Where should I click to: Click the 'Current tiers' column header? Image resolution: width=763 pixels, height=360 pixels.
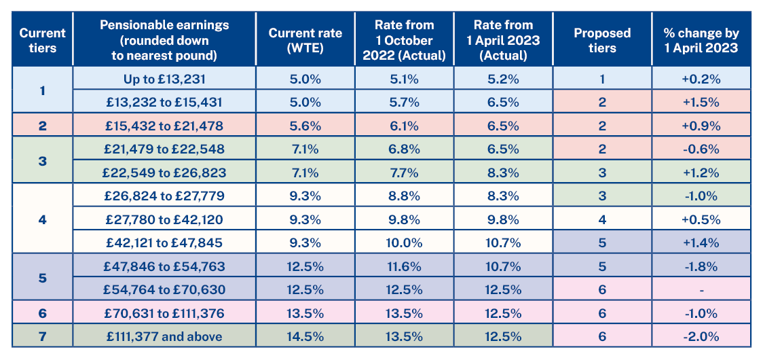click(x=42, y=40)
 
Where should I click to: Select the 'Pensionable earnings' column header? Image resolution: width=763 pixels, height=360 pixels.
click(x=164, y=40)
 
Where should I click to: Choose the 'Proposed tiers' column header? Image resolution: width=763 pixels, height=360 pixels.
click(x=602, y=40)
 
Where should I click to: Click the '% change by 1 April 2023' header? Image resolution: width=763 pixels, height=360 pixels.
click(x=701, y=40)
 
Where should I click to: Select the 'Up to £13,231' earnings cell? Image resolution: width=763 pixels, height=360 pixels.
click(x=164, y=79)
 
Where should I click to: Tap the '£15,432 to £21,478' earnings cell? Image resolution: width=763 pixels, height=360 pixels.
click(x=164, y=126)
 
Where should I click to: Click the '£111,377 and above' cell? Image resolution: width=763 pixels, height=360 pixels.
click(x=164, y=336)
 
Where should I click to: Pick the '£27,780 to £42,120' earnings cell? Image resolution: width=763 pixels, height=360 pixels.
click(x=164, y=219)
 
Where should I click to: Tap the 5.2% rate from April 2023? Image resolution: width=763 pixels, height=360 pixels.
click(x=503, y=79)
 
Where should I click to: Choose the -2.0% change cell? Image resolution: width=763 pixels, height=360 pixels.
click(x=701, y=336)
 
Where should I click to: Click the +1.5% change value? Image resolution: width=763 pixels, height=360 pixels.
click(x=701, y=102)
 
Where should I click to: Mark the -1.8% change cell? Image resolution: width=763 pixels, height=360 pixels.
click(x=701, y=266)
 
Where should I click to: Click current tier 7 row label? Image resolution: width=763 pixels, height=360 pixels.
click(x=42, y=336)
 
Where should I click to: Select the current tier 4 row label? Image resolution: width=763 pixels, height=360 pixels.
click(x=42, y=219)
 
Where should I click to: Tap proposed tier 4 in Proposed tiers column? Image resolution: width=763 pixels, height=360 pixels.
click(x=602, y=219)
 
